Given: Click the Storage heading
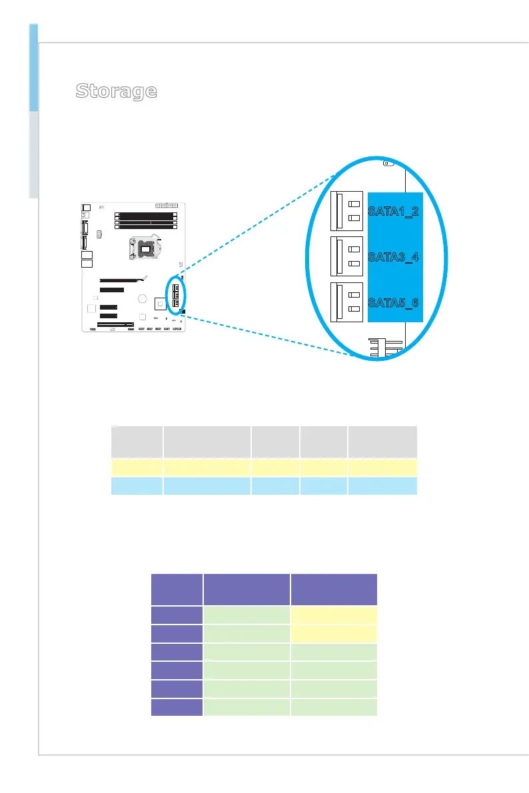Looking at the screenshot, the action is pyautogui.click(x=116, y=91).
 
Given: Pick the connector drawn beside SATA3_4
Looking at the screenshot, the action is pyautogui.click(x=347, y=257).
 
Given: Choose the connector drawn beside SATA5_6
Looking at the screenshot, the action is pyautogui.click(x=347, y=302).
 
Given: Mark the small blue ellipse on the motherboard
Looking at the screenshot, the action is pyautogui.click(x=177, y=294).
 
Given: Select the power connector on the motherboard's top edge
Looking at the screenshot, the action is pyautogui.click(x=163, y=206).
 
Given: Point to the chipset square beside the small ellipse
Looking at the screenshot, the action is pyautogui.click(x=159, y=304).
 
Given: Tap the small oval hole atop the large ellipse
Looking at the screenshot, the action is pyautogui.click(x=390, y=162).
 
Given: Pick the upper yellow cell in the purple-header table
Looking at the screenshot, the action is pyautogui.click(x=334, y=615).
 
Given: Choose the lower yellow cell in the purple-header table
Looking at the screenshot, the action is pyautogui.click(x=334, y=633).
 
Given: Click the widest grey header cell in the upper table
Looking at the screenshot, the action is pyautogui.click(x=207, y=439).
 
